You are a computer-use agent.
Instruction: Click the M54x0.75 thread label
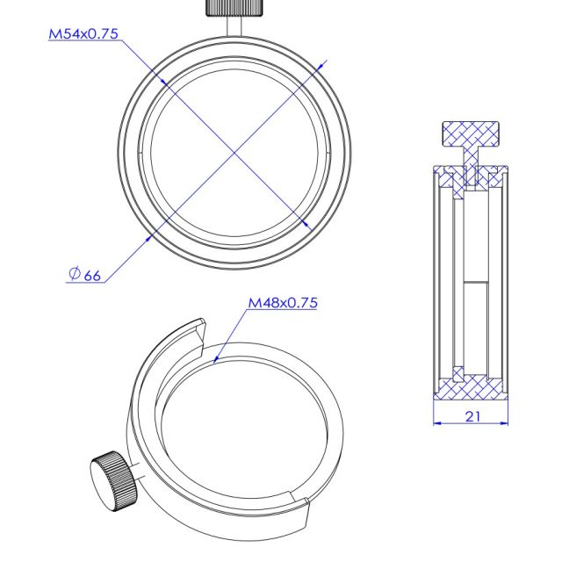click(x=83, y=34)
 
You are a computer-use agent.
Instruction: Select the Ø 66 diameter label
click(x=84, y=275)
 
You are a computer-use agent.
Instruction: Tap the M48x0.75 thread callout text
click(x=283, y=303)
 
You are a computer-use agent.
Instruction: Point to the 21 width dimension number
click(x=472, y=416)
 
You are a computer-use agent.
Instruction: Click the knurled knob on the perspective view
click(x=113, y=481)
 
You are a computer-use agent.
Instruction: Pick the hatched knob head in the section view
click(x=471, y=134)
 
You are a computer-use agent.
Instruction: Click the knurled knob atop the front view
click(x=234, y=8)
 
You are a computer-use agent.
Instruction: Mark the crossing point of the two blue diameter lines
click(x=234, y=153)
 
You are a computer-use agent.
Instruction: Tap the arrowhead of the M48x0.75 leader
click(x=216, y=359)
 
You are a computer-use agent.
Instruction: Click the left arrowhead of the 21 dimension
click(x=437, y=423)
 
